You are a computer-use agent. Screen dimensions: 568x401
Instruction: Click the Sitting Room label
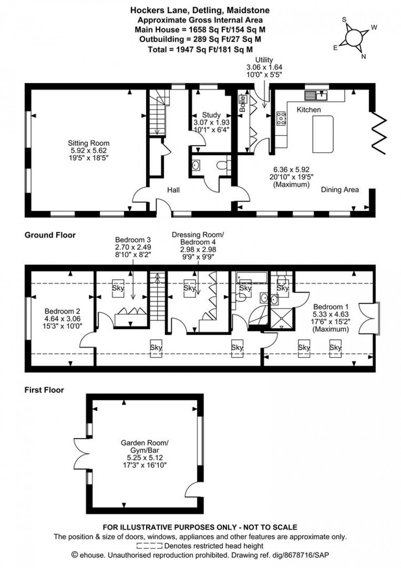pos(88,150)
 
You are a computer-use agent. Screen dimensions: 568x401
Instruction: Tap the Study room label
pos(211,122)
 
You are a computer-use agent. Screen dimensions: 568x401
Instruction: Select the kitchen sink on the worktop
pos(316,96)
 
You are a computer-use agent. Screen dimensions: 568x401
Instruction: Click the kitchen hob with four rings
pos(281,118)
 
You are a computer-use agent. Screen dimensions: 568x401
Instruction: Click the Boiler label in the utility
pos(242,104)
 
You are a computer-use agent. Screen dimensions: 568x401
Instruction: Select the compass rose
pos(353,38)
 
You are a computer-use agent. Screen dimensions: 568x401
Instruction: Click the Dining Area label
pos(340,190)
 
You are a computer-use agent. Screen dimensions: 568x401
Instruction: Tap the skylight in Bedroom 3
pos(118,287)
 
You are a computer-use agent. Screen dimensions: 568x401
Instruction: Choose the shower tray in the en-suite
pos(282,318)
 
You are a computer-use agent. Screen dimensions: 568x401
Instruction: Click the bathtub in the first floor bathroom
pos(252,277)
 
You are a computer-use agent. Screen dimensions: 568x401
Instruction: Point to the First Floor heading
pos(44,390)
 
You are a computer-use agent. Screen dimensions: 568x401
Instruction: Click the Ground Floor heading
pos(50,235)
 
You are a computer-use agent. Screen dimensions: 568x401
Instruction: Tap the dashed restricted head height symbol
pos(149,546)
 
